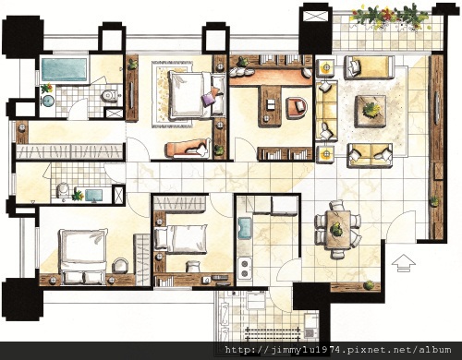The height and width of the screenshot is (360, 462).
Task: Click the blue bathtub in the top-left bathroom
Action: tap(64, 70)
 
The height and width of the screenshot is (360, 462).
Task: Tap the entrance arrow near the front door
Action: tap(404, 263)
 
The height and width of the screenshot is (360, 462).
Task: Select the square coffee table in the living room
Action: tap(371, 112)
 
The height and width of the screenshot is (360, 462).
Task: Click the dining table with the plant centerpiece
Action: tap(338, 230)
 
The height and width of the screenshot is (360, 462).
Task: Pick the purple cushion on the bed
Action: tap(208, 99)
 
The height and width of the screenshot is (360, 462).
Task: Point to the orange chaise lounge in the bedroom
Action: tap(188, 149)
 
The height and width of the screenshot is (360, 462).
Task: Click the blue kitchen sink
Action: tap(245, 228)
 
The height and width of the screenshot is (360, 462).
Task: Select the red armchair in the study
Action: tap(297, 108)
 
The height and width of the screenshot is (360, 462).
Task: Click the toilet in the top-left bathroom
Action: tap(110, 95)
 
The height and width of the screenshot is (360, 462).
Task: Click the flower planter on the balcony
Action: tap(389, 17)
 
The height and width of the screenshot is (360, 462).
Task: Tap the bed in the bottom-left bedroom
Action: tap(83, 256)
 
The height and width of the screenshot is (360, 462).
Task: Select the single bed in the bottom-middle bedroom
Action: tap(181, 239)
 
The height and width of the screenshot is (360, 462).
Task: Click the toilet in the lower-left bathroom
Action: tap(63, 190)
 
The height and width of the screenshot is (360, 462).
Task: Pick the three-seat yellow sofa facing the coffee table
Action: tap(326, 110)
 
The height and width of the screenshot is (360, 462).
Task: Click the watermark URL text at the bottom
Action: tap(338, 350)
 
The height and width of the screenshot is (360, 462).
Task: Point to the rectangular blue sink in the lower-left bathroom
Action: tap(93, 195)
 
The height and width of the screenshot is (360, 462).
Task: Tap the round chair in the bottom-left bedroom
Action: tap(120, 265)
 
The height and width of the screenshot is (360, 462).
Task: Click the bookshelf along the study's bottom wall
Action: tap(285, 153)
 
